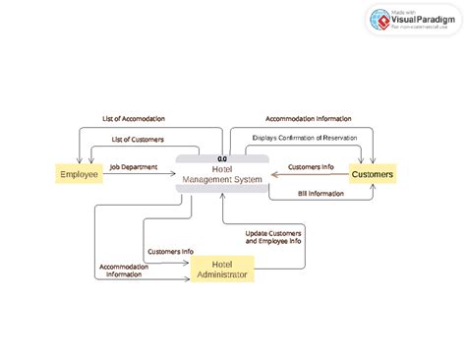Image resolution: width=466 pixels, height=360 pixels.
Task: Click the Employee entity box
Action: pyautogui.click(x=79, y=174)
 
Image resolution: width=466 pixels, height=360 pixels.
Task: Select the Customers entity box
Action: pyautogui.click(x=373, y=174)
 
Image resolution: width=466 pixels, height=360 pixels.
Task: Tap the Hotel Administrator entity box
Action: pyautogui.click(x=222, y=269)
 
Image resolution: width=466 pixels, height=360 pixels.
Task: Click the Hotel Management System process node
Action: pyautogui.click(x=222, y=175)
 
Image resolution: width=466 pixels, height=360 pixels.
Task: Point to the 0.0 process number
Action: pyautogui.click(x=222, y=158)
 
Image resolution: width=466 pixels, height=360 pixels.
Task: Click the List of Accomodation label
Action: pyautogui.click(x=134, y=119)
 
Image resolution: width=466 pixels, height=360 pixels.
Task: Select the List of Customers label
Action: pyautogui.click(x=138, y=140)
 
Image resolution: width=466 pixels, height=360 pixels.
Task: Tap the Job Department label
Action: pyautogui.click(x=133, y=166)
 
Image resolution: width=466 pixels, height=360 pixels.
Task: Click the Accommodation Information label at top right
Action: pyautogui.click(x=308, y=119)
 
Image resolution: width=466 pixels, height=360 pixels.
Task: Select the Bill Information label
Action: pyautogui.click(x=320, y=194)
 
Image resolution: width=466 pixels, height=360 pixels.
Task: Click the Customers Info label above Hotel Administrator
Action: pyautogui.click(x=169, y=251)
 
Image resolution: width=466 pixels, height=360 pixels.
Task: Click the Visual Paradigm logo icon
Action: pyautogui.click(x=379, y=19)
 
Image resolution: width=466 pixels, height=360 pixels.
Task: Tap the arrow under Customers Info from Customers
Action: pyautogui.click(x=310, y=175)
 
